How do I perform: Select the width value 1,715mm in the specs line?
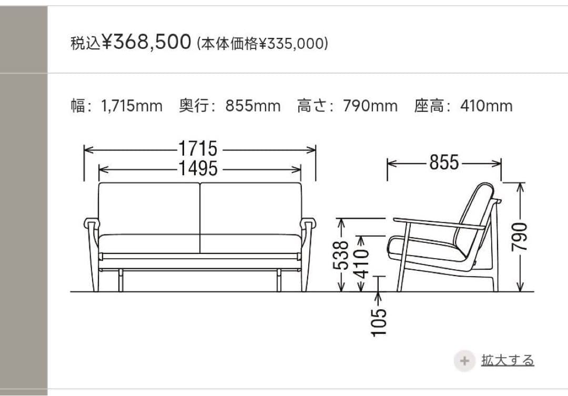(x=131, y=106)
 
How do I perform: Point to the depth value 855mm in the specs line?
(x=253, y=106)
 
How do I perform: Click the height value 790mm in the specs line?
(x=370, y=106)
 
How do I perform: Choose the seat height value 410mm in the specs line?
(x=486, y=106)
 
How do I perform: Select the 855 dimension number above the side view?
(x=444, y=163)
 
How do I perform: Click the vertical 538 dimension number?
(x=341, y=255)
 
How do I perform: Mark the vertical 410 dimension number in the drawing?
(x=361, y=261)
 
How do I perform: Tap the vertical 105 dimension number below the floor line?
(x=379, y=321)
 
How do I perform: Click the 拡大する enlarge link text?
(x=508, y=360)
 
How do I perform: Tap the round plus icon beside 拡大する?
(x=464, y=361)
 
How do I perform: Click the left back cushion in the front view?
(x=149, y=208)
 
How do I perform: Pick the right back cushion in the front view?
(x=250, y=208)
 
